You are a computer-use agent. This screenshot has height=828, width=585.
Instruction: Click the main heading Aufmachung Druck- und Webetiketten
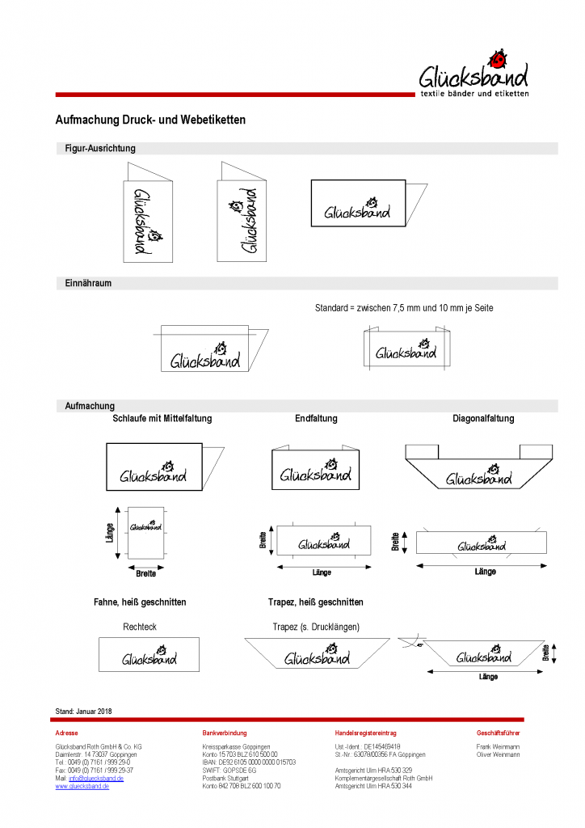pyautogui.click(x=150, y=120)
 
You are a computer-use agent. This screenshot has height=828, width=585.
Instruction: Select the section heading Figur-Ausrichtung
pyautogui.click(x=100, y=149)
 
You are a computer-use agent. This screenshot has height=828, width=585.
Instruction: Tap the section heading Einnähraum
pyautogui.click(x=88, y=284)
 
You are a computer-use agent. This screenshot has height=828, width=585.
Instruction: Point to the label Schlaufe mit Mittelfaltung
pyautogui.click(x=162, y=419)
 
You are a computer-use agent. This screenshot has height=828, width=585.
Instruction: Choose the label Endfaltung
pyautogui.click(x=316, y=419)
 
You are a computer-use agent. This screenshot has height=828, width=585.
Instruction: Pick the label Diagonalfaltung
pyautogui.click(x=483, y=419)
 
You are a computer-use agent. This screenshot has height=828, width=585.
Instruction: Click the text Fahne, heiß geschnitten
pyautogui.click(x=140, y=602)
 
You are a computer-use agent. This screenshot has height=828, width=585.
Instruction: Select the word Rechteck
pyautogui.click(x=140, y=627)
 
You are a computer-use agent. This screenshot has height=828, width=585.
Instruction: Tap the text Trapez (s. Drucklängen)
pyautogui.click(x=316, y=627)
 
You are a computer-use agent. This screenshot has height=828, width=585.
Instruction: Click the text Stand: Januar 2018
pyautogui.click(x=83, y=712)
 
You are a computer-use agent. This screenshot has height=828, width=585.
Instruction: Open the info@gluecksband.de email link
pyautogui.click(x=96, y=778)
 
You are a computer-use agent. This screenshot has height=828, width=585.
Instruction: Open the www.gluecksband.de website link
pyautogui.click(x=82, y=786)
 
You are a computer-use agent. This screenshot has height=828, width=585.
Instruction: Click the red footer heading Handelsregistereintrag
pyautogui.click(x=366, y=733)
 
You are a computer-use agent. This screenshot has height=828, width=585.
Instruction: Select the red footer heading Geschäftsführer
pyautogui.click(x=499, y=733)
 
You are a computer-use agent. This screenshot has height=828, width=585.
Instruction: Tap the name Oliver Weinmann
pyautogui.click(x=499, y=754)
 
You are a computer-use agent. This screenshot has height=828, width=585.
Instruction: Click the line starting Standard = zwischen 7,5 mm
pyautogui.click(x=404, y=308)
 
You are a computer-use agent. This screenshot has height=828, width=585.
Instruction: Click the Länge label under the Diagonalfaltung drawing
pyautogui.click(x=485, y=572)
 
